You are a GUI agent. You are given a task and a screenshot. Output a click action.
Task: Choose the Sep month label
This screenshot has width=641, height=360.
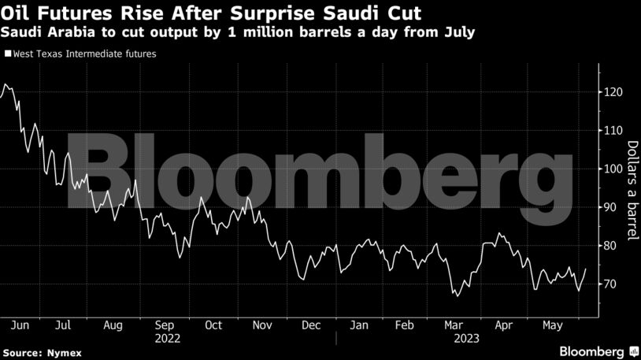coord(164,325)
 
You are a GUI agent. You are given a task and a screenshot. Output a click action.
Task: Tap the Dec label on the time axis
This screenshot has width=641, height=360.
coord(310,325)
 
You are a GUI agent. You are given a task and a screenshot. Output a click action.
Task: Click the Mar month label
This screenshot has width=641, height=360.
coord(454,325)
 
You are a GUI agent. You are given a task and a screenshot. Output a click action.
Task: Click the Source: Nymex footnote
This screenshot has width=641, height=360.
coord(35,351)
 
